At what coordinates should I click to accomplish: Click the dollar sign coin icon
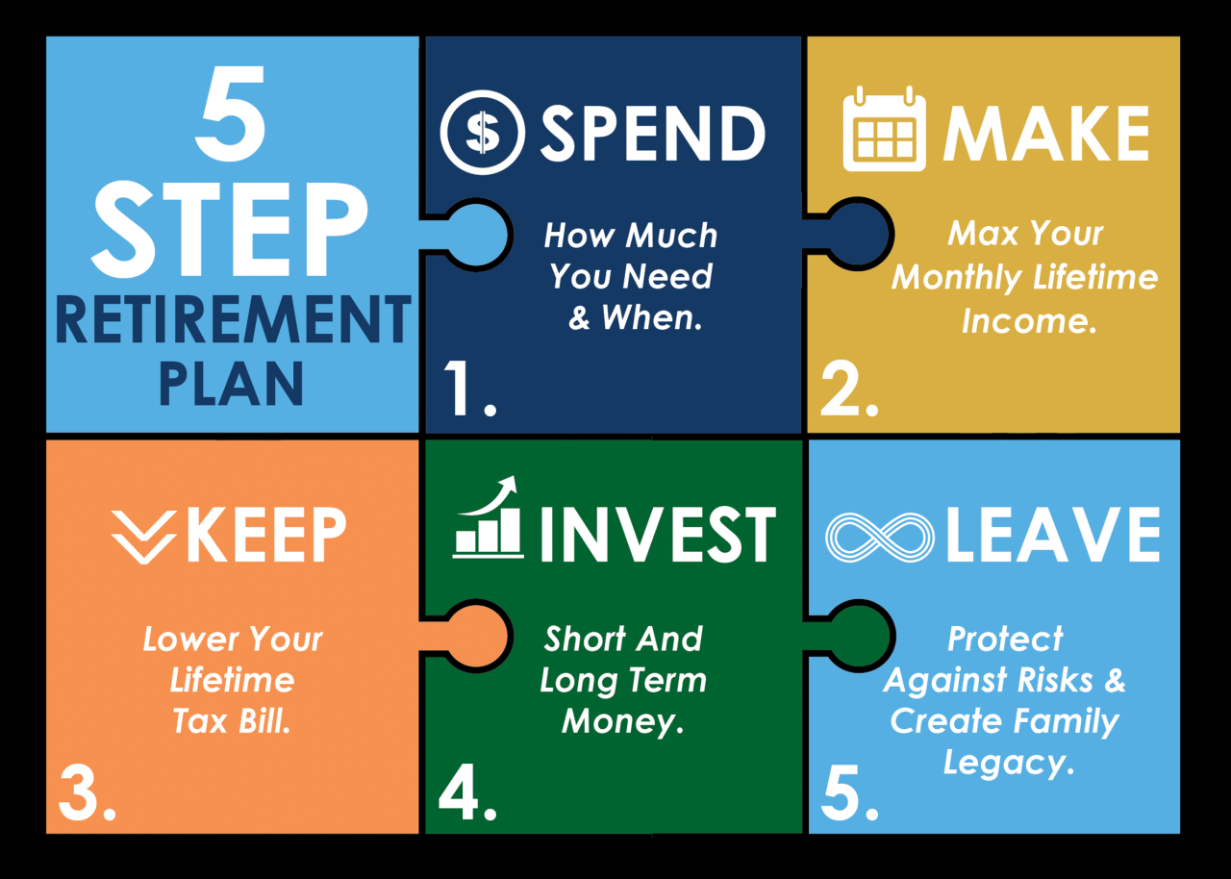482,132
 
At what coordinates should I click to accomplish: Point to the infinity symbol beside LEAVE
880,537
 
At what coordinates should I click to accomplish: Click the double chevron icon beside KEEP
143,536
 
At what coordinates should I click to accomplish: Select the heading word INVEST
658,535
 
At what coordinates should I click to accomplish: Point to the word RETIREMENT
233,320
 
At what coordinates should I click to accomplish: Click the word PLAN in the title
231,383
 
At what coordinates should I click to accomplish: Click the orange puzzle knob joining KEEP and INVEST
475,636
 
